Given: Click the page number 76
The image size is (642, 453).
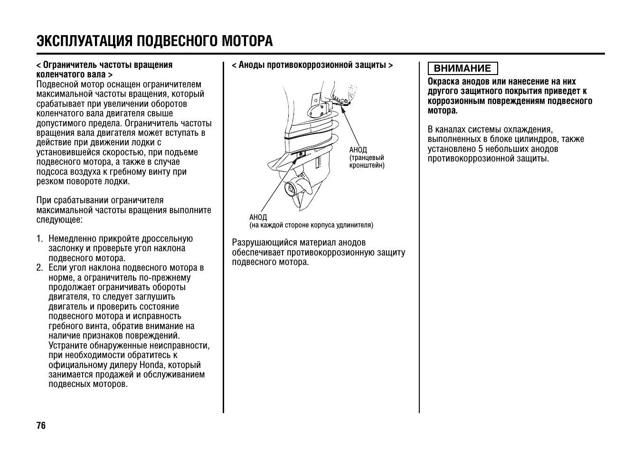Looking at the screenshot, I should point(41,425).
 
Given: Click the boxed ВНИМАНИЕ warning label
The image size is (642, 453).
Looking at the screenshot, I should point(462,68).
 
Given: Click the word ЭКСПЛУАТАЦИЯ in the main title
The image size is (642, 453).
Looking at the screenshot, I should point(84,41).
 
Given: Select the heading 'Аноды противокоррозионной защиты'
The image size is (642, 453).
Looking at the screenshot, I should point(312,65).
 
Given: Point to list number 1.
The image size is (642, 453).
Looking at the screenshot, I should point(39,239).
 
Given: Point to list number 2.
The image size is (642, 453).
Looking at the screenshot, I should point(39,268).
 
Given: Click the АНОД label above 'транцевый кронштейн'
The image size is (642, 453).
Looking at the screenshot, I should point(358,150).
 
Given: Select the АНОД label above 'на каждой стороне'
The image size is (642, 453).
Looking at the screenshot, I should point(258,217).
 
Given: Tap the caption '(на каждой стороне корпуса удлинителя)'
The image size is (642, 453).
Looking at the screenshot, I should point(311,225).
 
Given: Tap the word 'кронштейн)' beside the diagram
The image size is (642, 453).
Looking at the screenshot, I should point(367,165).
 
